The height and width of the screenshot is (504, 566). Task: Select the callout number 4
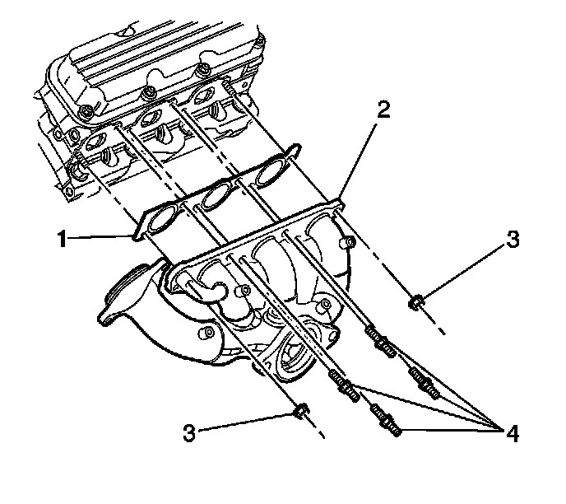[x=513, y=432]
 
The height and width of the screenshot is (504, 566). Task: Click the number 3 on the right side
[x=513, y=240]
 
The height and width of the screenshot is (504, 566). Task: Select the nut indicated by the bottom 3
[x=301, y=409]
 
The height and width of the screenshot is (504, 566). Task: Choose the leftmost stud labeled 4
[x=343, y=382]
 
